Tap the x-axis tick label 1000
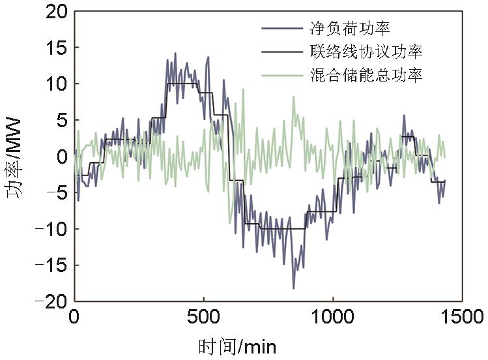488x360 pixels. click(332, 318)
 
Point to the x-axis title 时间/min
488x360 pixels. click(238, 345)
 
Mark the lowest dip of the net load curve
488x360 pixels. click(293, 288)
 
